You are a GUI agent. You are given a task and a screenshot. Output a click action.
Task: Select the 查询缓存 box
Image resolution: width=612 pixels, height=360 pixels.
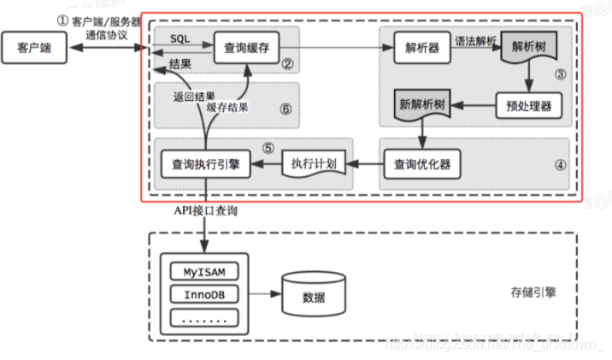(x=241, y=48)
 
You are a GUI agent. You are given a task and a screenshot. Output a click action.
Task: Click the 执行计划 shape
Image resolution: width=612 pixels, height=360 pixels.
(x=313, y=162)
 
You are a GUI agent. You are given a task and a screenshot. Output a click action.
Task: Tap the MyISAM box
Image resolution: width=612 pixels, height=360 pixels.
(x=204, y=273)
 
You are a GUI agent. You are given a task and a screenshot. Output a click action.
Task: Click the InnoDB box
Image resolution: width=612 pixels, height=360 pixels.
(x=204, y=295)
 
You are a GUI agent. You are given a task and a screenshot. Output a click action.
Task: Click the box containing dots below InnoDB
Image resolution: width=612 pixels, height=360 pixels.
(x=204, y=318)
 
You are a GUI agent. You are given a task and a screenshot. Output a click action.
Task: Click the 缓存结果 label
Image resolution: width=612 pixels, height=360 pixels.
(x=230, y=109)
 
